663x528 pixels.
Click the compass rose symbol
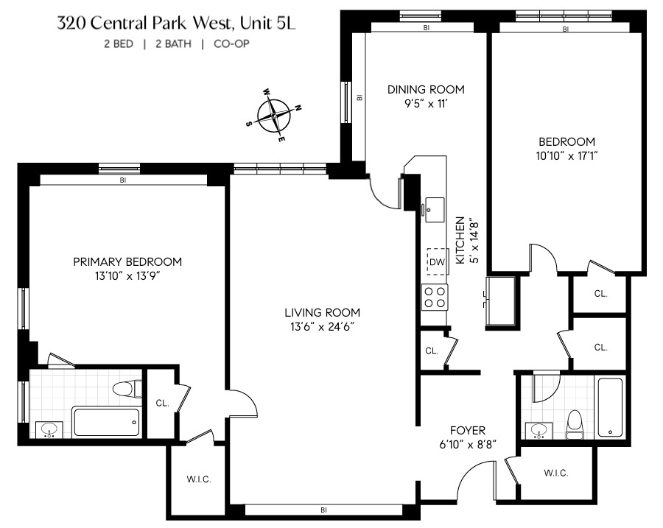pyautogui.click(x=274, y=116)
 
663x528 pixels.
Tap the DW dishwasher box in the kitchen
pyautogui.click(x=437, y=261)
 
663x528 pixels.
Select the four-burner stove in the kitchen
pyautogui.click(x=435, y=297)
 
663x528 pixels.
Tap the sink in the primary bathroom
pyautogui.click(x=49, y=429)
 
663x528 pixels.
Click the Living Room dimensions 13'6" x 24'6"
pyautogui.click(x=323, y=327)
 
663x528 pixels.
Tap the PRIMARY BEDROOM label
pyautogui.click(x=127, y=261)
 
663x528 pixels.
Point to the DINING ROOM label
pyautogui.click(x=426, y=90)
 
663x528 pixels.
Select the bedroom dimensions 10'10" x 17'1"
pyautogui.click(x=566, y=155)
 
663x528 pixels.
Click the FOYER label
pyautogui.click(x=468, y=431)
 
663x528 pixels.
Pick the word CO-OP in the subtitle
pyautogui.click(x=234, y=44)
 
